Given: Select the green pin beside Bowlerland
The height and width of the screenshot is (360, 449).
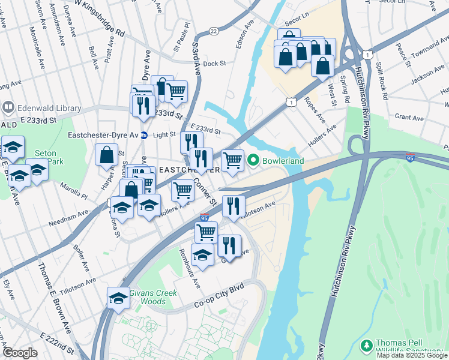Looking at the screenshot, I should point(253,160).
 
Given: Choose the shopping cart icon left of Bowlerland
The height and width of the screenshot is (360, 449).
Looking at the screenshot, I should point(232,160).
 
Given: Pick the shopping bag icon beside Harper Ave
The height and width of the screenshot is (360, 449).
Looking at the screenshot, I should point(106,155).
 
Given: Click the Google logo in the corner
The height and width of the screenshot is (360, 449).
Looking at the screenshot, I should point(20,353).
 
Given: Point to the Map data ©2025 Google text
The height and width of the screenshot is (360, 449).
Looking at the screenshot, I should point(412,355).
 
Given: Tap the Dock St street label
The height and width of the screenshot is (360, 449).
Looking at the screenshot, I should point(214,63).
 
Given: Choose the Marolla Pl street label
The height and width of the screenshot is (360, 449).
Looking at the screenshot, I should point(73,192).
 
